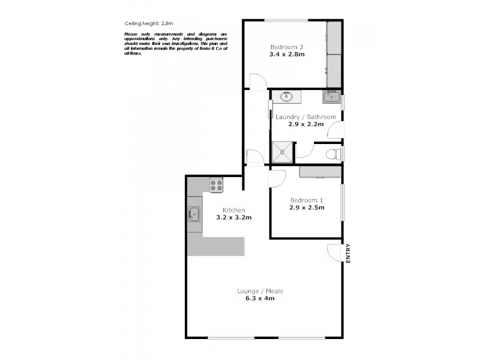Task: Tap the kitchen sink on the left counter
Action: tap(194, 213)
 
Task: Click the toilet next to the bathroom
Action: tap(332, 154)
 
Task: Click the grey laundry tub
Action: tap(331, 96)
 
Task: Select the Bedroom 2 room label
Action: tap(287, 47)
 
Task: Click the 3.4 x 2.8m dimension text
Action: tap(287, 55)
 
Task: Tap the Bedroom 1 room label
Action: tap(307, 200)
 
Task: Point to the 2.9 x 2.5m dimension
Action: tap(307, 208)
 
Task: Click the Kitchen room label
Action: tap(233, 209)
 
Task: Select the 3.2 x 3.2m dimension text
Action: tap(233, 217)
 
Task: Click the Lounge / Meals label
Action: tap(259, 291)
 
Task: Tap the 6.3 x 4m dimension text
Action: tap(259, 298)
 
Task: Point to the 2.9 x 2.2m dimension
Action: tap(306, 125)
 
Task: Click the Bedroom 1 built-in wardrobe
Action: tap(320, 173)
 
